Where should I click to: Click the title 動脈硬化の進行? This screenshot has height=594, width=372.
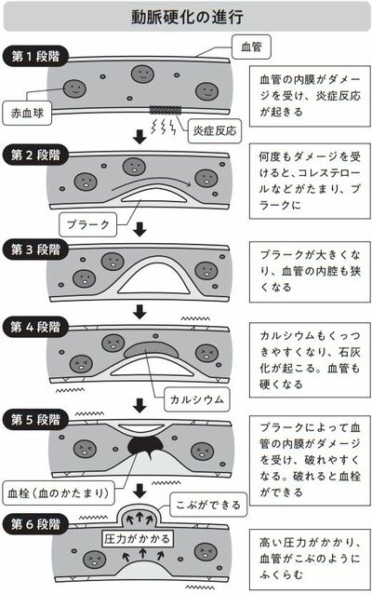187,17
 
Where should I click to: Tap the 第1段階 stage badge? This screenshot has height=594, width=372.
35,57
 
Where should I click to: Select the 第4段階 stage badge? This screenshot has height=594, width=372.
35,327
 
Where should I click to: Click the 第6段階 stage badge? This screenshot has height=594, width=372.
35,524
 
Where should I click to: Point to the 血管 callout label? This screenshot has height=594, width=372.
251,47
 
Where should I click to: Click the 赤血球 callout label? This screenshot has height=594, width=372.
27,113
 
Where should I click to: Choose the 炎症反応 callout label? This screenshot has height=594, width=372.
215,131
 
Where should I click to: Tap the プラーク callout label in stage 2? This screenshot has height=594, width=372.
87,224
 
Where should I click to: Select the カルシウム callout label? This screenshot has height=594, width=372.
197,399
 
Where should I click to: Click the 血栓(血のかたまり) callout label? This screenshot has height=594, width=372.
59,493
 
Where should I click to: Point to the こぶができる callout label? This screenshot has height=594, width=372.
208,505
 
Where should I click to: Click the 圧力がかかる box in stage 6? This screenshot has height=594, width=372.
138,539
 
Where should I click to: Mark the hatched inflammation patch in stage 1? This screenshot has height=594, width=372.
166,110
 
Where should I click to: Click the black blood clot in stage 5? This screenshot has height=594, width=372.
146,446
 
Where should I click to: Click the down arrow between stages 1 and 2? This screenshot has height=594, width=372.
140,137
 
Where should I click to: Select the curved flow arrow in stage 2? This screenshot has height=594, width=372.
152,181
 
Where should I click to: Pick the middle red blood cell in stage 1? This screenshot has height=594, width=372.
142,74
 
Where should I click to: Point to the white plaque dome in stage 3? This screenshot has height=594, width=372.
153,277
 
